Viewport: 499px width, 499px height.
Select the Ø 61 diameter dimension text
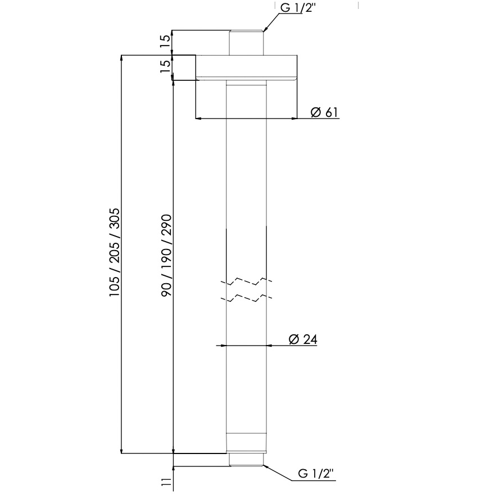click(324, 112)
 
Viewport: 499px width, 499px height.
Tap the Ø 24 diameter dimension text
click(303, 339)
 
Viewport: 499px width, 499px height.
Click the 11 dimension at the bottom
click(166, 482)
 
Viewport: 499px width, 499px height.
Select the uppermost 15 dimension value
click(165, 42)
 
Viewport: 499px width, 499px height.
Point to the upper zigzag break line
click(246, 280)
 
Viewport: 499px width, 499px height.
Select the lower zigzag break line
click(246, 297)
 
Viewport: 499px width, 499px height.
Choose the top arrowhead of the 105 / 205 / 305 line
click(122, 58)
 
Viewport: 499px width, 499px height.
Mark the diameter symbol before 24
click(293, 339)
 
